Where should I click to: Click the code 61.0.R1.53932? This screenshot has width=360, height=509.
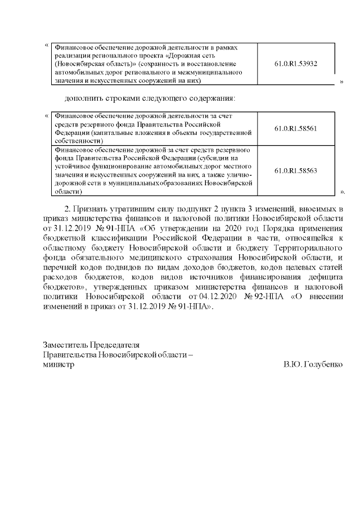[296, 64]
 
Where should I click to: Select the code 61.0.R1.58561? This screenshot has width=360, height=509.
[296, 128]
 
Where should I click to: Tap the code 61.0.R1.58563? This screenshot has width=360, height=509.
[296, 170]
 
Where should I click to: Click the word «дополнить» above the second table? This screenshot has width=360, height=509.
[84, 98]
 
